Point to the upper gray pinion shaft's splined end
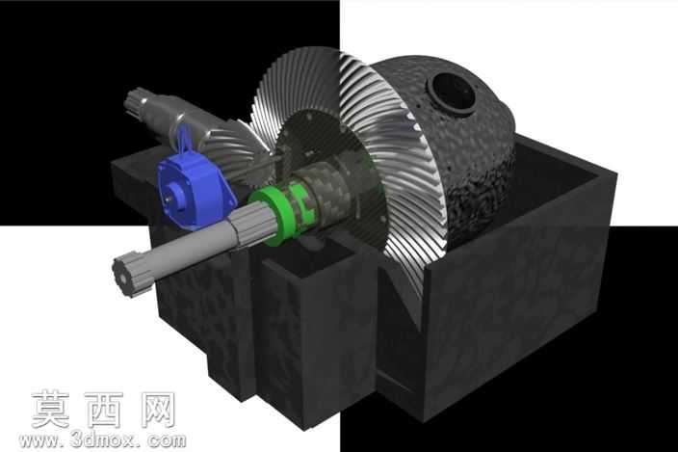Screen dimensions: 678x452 [137, 103]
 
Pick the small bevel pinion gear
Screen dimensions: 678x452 [236, 147]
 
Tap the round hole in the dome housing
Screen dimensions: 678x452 [454, 92]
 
